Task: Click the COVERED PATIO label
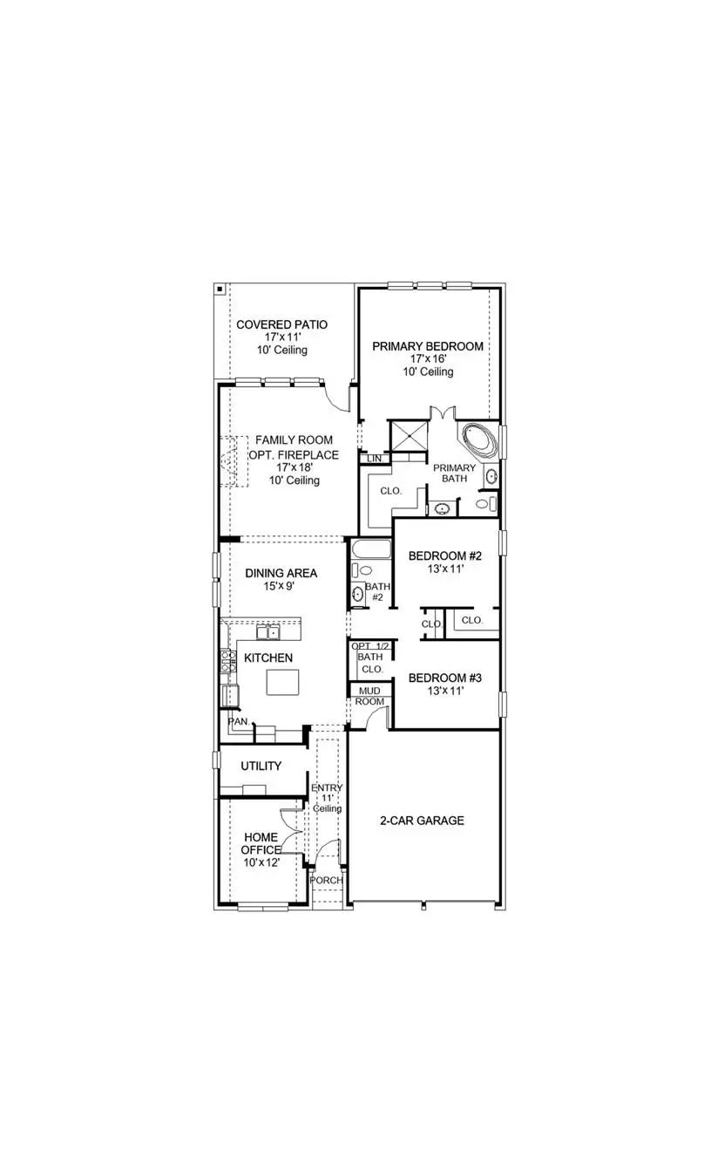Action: pyautogui.click(x=282, y=325)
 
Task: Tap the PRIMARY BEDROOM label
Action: pyautogui.click(x=428, y=346)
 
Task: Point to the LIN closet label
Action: pyautogui.click(x=375, y=459)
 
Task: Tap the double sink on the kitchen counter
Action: pyautogui.click(x=267, y=632)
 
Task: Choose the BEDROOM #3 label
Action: pyautogui.click(x=439, y=678)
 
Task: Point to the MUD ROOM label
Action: pyautogui.click(x=369, y=696)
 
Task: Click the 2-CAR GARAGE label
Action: pyautogui.click(x=422, y=821)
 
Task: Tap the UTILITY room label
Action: pyautogui.click(x=261, y=767)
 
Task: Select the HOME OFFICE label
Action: pyautogui.click(x=261, y=843)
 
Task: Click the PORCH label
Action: pyautogui.click(x=326, y=880)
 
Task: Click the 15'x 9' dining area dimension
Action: pyautogui.click(x=280, y=587)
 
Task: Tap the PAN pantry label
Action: pyautogui.click(x=236, y=722)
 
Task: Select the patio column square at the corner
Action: pyautogui.click(x=220, y=290)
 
